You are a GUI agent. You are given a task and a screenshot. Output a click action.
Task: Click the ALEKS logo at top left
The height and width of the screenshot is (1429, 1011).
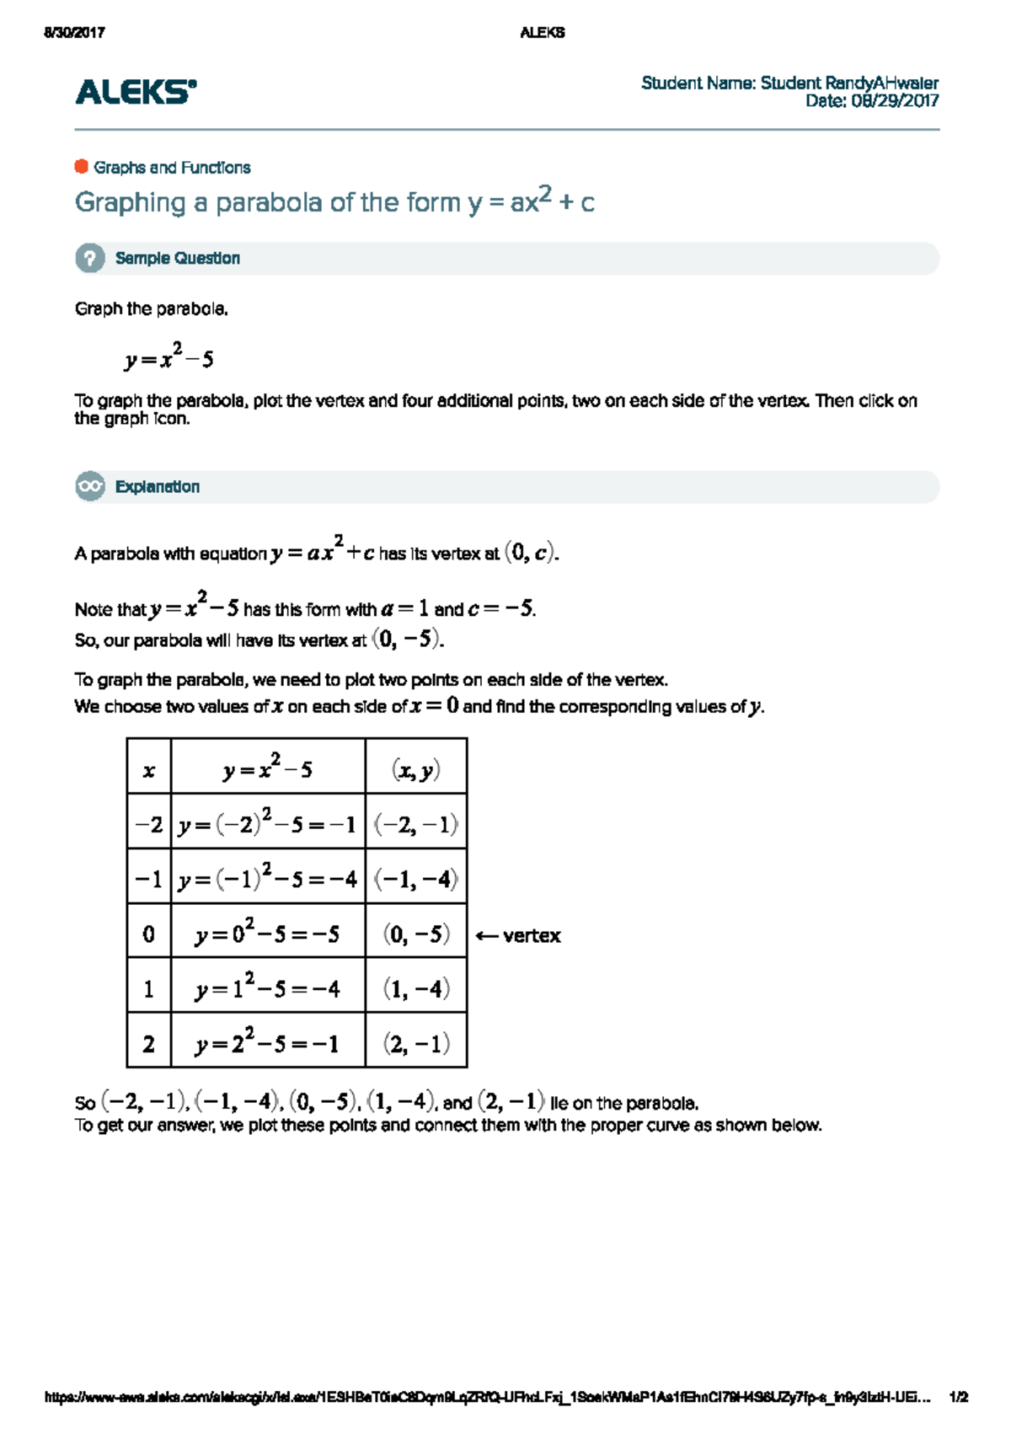136,92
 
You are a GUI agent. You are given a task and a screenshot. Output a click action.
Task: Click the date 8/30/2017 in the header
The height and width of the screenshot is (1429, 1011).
74,33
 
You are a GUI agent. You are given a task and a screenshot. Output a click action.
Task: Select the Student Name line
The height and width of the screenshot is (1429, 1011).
789,83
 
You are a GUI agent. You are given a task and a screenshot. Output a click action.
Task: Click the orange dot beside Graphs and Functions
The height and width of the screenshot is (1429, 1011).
82,167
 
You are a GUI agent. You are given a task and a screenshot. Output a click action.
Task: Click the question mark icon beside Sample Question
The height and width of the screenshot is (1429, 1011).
90,259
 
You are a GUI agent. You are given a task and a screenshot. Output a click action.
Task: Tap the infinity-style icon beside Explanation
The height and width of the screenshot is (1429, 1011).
90,487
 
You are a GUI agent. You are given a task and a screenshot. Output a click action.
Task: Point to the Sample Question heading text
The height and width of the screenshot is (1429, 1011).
177,259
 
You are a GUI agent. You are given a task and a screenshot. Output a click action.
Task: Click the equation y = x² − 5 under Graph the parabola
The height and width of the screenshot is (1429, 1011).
168,358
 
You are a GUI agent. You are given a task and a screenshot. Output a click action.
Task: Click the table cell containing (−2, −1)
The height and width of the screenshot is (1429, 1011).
415,824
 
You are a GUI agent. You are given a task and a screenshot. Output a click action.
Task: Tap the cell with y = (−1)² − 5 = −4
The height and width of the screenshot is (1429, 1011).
268,878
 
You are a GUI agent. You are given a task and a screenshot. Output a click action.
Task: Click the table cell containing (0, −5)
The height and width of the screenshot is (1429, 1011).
415,934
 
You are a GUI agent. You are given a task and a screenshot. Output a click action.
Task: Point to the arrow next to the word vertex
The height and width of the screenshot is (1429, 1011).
486,936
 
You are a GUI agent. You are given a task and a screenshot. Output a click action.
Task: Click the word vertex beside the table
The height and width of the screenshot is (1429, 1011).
532,936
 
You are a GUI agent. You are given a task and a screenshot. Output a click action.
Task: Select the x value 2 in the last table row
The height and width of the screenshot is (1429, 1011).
149,1044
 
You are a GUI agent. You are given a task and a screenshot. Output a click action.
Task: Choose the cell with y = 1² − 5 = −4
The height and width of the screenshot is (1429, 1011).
268,987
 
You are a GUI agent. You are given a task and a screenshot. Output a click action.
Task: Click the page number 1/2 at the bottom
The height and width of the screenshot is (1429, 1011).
958,1397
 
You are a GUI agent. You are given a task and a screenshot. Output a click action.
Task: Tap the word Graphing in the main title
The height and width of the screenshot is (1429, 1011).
130,203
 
